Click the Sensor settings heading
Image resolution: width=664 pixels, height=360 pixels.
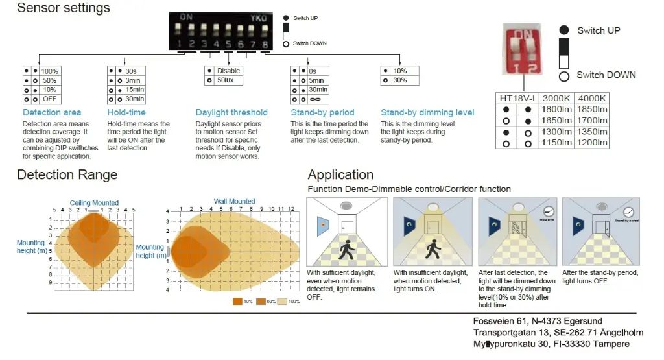click(64, 8)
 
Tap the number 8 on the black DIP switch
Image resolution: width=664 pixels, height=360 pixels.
click(265, 44)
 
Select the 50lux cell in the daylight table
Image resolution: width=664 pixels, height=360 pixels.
click(228, 80)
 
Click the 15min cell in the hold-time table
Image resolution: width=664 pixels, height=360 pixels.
click(135, 90)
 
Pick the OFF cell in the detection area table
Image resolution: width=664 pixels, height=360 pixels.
click(49, 99)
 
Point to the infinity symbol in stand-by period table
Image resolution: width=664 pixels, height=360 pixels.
click(316, 99)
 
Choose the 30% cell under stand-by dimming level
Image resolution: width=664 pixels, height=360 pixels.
click(400, 80)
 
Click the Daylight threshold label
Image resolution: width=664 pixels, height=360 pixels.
click(231, 113)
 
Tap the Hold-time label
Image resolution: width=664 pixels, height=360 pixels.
click(126, 113)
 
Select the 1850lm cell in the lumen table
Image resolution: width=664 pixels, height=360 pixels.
click(591, 109)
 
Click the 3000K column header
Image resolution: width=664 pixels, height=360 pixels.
click(556, 97)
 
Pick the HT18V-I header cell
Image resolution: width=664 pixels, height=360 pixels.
click(517, 97)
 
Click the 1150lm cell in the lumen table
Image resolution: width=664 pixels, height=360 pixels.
click(556, 143)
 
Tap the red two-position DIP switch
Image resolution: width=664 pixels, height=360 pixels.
click(523, 47)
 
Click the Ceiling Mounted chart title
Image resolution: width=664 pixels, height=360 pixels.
click(95, 203)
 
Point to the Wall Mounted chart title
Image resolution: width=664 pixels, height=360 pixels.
click(235, 202)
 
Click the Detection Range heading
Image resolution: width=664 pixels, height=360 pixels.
click(67, 175)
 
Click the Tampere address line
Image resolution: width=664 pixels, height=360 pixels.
click(551, 344)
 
